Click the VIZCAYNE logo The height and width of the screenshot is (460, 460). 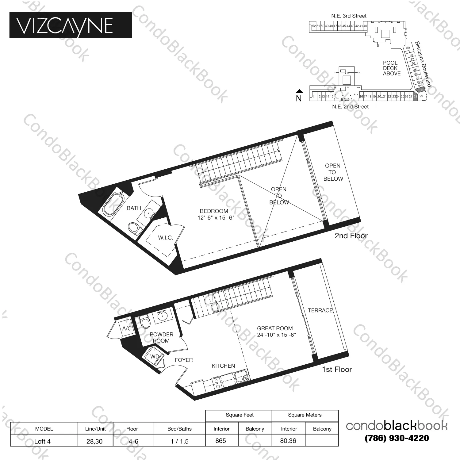[71, 25]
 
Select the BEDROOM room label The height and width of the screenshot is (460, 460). [214, 211]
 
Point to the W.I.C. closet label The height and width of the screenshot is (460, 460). [166, 238]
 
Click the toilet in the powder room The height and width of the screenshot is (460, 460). [144, 322]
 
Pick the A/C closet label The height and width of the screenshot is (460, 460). [127, 328]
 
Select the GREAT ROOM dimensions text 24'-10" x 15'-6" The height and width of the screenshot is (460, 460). [276, 335]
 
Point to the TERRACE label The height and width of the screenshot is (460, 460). [320, 310]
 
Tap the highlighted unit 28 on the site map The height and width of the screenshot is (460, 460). [415, 96]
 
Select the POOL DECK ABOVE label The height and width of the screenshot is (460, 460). [391, 68]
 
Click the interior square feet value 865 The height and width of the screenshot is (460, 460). [221, 441]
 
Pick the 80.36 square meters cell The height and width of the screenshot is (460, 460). [288, 441]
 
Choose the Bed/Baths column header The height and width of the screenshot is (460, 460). [179, 429]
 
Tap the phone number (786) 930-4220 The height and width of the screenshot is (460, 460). [397, 438]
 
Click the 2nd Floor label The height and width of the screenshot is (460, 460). [351, 236]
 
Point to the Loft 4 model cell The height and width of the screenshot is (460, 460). [42, 441]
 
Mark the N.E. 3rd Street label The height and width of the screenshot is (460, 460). [349, 16]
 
